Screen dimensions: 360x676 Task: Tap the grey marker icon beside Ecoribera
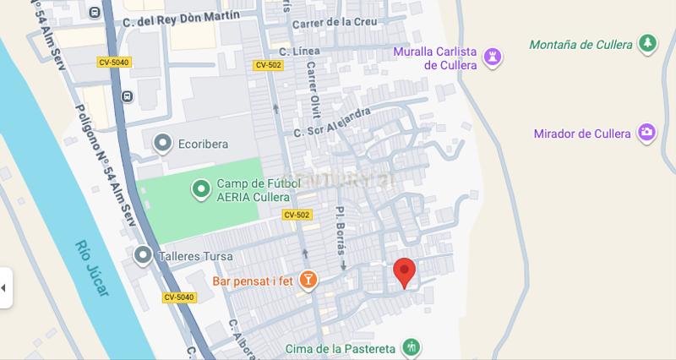(162, 143)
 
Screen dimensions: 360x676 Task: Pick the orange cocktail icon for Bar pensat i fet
(308, 279)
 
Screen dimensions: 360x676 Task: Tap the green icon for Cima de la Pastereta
(411, 347)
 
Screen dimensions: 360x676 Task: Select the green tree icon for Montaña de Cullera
(647, 44)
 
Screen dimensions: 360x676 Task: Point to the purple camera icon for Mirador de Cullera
(646, 134)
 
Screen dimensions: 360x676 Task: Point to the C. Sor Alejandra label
(332, 123)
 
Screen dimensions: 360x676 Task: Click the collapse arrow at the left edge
(4, 287)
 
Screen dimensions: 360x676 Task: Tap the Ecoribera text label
(203, 144)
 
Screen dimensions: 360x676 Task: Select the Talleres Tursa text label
(195, 255)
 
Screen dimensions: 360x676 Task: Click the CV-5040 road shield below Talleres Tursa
(178, 297)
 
